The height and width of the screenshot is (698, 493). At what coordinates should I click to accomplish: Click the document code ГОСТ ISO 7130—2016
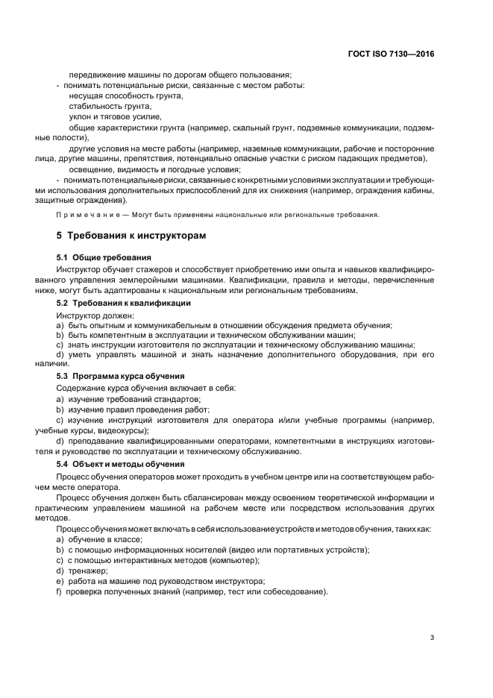(391, 54)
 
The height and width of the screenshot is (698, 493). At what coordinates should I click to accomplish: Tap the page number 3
(433, 637)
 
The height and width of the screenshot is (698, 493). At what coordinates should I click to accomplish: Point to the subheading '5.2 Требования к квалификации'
(124, 304)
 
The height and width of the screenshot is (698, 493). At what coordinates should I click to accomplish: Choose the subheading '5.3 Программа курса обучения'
(121, 376)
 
